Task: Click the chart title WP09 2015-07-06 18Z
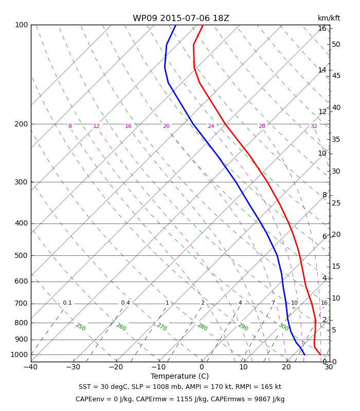[x=181, y=18]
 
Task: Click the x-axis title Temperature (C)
[x=179, y=376]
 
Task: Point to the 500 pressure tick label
[x=21, y=255]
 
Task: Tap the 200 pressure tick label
[x=21, y=124]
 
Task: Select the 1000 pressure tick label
[x=19, y=354]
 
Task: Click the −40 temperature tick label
[x=31, y=367]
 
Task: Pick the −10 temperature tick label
[x=159, y=367]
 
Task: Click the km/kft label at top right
[x=329, y=18]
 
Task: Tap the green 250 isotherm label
[x=81, y=327]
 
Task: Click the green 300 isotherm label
[x=284, y=327]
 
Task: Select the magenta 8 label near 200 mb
[x=70, y=126]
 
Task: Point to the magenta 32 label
[x=314, y=126]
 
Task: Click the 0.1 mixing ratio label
[x=67, y=303]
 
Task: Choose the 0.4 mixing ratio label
[x=125, y=303]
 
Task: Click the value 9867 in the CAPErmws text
[x=262, y=399]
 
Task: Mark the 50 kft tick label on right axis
[x=336, y=44]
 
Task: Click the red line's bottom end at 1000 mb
[x=320, y=354]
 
